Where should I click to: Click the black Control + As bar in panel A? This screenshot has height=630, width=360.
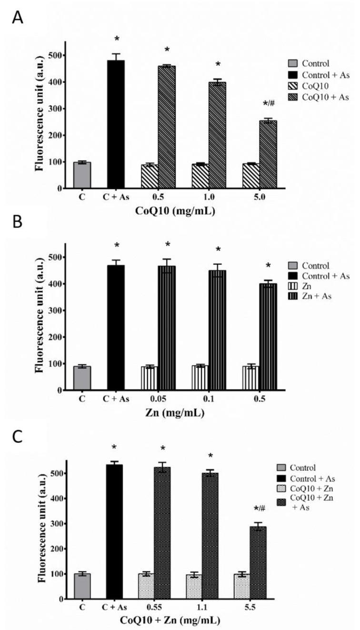tap(116, 124)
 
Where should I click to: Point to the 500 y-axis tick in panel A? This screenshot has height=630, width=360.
tap(56, 56)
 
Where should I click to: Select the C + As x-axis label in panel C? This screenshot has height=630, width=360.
tap(116, 608)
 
